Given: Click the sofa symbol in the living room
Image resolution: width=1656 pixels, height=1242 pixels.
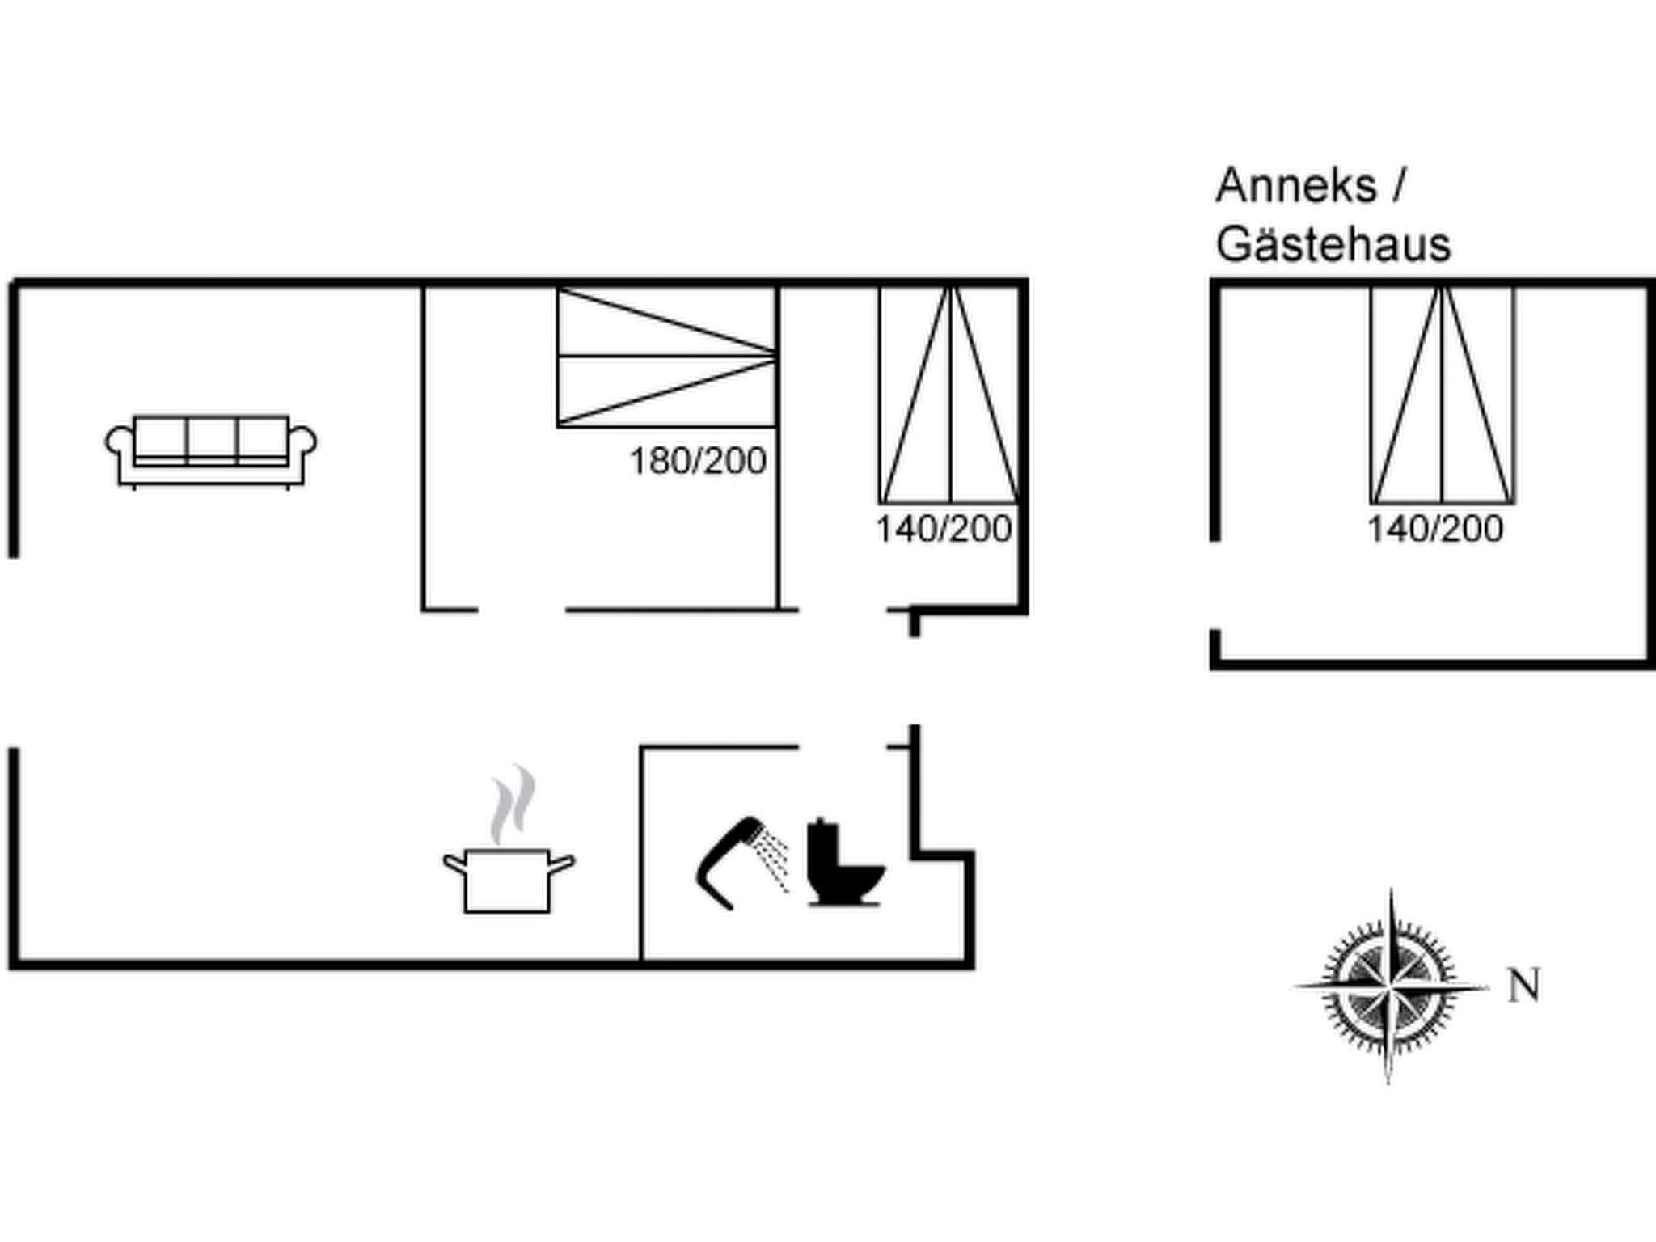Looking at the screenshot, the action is (211, 452).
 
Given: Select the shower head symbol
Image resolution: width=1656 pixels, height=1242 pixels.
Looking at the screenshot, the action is (732, 863).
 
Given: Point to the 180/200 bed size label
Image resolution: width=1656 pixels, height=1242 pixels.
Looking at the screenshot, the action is (698, 461).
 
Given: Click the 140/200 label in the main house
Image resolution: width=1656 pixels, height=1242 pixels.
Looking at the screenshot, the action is (944, 529).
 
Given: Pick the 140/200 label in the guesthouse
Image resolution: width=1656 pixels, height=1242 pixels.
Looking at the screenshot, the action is (1435, 529).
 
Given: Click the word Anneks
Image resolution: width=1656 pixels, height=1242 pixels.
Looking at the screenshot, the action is (1296, 186).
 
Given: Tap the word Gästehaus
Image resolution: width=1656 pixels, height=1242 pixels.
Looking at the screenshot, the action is (1333, 244).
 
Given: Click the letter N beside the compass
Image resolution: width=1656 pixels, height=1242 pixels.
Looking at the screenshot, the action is (1524, 986).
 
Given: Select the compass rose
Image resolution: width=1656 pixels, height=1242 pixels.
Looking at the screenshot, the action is (1390, 986).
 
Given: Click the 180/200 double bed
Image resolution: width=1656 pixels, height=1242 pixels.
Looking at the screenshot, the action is (667, 357).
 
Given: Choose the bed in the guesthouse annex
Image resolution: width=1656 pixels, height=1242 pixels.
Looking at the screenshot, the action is (1443, 395).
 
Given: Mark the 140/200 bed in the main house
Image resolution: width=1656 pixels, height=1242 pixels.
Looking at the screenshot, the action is (950, 395).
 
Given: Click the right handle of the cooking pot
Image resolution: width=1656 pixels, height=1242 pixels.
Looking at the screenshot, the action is (562, 863).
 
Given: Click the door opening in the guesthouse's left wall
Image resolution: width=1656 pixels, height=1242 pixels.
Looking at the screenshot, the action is (1215, 585).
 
